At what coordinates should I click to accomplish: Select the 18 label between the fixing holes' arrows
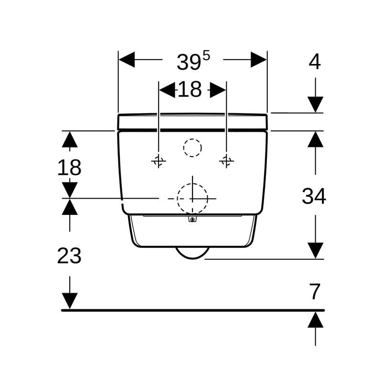point(190,90)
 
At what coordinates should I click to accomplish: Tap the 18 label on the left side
point(69,168)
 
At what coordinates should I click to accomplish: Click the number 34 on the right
point(314,196)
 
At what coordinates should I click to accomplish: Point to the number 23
point(69,256)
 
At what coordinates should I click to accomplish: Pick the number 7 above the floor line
point(315,292)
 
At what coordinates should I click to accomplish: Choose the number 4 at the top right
point(315,62)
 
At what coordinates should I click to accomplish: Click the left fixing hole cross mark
point(159,161)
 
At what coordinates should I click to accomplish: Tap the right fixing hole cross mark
point(226,161)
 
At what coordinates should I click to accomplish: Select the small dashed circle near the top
point(192,148)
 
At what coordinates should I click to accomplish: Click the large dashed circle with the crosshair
point(192,198)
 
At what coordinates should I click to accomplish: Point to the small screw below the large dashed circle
point(192,219)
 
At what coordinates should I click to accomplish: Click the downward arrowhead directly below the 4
point(315,105)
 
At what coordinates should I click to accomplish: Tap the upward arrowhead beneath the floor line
point(315,319)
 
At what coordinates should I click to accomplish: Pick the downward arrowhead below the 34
point(315,250)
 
